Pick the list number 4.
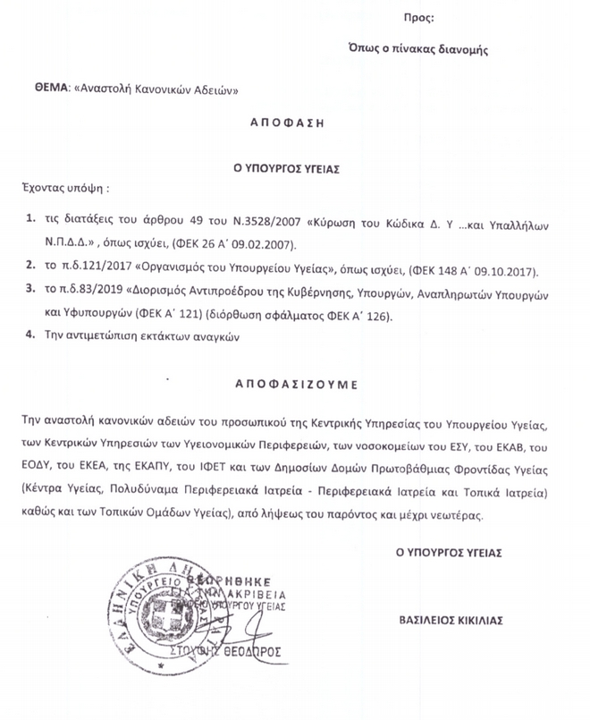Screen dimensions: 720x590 click(x=31, y=336)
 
